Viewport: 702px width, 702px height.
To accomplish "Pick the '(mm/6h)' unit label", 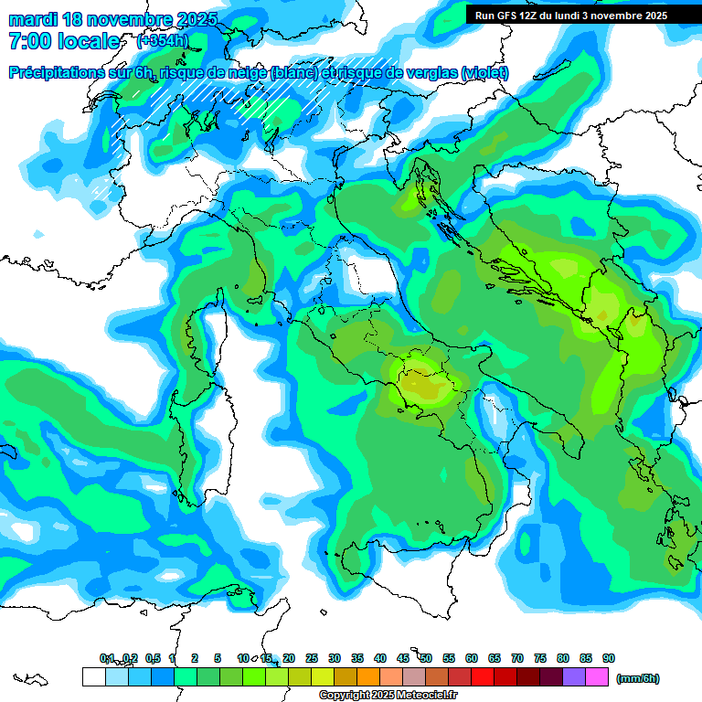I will [637, 678].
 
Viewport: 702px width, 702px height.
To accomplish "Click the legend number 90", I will [609, 658].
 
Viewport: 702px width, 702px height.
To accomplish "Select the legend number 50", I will [426, 658].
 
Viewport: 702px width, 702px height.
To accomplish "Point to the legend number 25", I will [312, 658].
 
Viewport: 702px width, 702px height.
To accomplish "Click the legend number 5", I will [218, 658].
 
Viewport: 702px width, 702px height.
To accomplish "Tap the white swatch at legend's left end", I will [93, 676].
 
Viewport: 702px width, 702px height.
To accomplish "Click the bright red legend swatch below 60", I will [483, 676].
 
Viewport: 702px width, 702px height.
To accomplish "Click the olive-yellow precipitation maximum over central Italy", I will [422, 384].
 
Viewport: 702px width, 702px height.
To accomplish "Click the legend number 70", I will [517, 658].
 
